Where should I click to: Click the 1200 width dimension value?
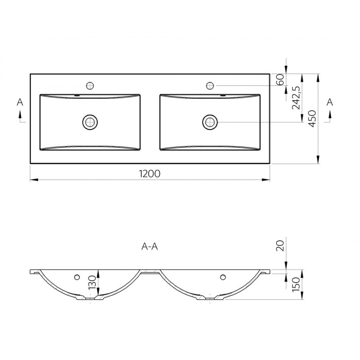tap(150, 174)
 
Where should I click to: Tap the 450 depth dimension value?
tap(312, 119)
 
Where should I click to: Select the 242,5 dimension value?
tap(296, 98)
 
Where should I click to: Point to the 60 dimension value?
tap(280, 80)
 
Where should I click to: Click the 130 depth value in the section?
tap(92, 282)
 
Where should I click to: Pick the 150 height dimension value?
tap(296, 284)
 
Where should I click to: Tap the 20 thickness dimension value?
tap(280, 246)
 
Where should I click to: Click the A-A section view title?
tap(150, 246)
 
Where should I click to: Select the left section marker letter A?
tap(20, 102)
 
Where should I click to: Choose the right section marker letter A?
tap(330, 102)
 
